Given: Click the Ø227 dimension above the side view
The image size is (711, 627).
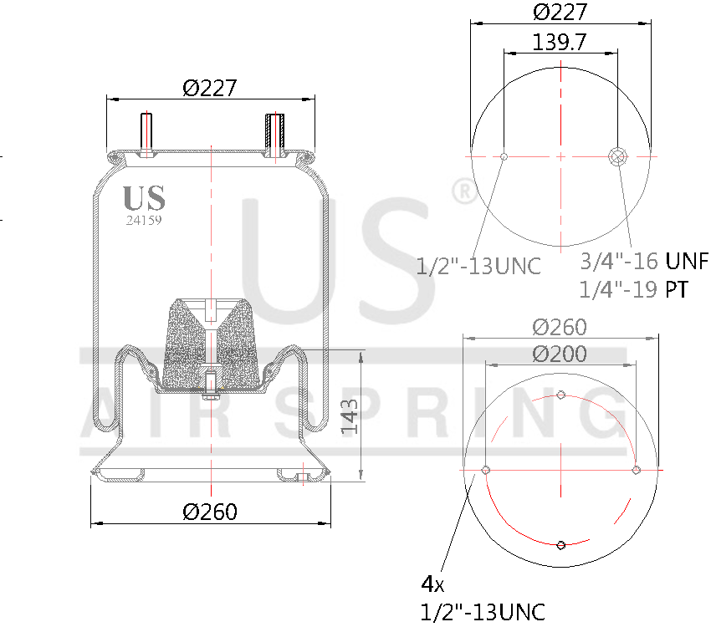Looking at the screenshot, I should click(x=210, y=87).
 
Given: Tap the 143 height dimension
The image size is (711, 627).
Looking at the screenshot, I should click(x=350, y=415).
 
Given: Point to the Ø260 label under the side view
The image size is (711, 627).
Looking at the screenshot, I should click(x=210, y=512).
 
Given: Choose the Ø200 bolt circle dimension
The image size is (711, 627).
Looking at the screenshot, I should click(x=560, y=354).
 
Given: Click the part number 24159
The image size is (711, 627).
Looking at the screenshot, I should click(x=144, y=221).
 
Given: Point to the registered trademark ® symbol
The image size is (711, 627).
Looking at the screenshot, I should click(x=463, y=191).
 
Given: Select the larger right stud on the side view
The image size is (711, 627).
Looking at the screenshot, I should click(x=274, y=134).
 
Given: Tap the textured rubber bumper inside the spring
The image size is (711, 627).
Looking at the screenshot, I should click(x=211, y=343).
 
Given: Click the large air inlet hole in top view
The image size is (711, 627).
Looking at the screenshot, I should click(x=619, y=156).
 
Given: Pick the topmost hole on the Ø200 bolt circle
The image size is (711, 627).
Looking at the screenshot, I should click(x=561, y=395).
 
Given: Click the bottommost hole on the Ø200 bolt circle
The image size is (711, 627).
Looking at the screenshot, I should click(x=561, y=545).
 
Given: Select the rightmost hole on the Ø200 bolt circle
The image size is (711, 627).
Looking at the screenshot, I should click(x=636, y=470).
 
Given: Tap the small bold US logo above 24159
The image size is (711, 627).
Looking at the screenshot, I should click(x=144, y=198).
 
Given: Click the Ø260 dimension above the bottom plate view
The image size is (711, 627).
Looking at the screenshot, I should click(x=560, y=327).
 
